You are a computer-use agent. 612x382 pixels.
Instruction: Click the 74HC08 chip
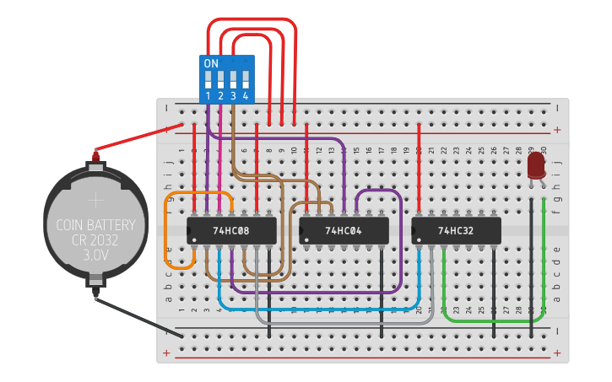[x=231, y=230]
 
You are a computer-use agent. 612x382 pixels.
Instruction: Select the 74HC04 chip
[x=344, y=230]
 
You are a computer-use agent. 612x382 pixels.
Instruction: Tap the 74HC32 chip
[x=456, y=230]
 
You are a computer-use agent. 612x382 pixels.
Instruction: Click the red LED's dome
[x=536, y=164]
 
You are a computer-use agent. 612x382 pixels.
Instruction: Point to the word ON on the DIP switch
[x=211, y=64]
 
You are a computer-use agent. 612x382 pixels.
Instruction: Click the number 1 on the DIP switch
[x=208, y=96]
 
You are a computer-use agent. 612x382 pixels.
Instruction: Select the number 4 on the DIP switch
[x=246, y=96]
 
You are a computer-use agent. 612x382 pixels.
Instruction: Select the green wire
[x=498, y=320]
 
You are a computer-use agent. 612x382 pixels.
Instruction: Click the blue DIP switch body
[x=226, y=80]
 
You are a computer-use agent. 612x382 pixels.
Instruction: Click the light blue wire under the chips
[x=321, y=307]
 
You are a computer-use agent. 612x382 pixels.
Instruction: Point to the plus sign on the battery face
[x=95, y=200]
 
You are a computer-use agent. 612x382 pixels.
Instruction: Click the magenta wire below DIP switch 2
[x=219, y=160]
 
